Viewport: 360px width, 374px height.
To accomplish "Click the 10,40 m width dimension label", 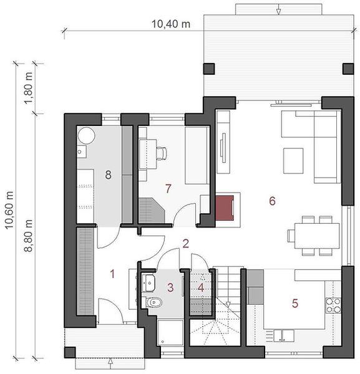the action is coord(171,24).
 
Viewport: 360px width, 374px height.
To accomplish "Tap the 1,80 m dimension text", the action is coord(28,88).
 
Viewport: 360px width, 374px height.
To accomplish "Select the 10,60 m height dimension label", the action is coord(9,210).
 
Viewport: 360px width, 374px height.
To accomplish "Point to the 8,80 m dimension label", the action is coord(28,236).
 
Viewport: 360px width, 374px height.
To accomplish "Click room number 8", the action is coord(108,175).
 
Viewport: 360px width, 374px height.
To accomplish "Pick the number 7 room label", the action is coord(168,188).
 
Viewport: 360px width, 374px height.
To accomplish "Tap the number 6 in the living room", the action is coord(272,201).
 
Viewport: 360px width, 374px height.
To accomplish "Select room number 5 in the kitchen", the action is coord(295,303).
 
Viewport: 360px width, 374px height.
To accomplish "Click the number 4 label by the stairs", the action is coord(201,287).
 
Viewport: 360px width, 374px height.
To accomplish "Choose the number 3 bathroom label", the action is coord(170,287).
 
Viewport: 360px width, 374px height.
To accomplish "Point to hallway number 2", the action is coord(185,243).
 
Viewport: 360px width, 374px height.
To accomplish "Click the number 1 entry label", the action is coord(112,274).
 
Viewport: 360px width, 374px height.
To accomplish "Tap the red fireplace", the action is coord(225,208).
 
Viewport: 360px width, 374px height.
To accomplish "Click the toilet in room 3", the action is coord(152,302).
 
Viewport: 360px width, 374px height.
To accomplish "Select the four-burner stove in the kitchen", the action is coord(333,305).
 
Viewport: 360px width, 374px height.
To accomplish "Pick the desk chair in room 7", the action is coord(162,153).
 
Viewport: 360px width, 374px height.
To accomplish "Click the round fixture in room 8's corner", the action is coord(86,135).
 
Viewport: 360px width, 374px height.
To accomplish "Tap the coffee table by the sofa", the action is coord(293,161).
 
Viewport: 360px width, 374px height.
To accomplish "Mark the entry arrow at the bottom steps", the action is coord(110,362).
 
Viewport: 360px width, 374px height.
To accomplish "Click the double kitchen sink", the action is coord(284,335).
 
